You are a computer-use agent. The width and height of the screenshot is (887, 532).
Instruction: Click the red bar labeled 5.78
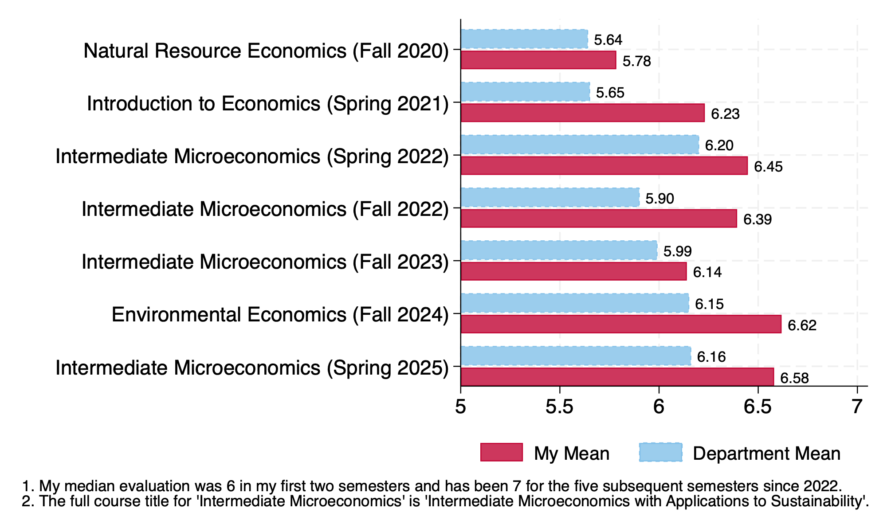click(538, 60)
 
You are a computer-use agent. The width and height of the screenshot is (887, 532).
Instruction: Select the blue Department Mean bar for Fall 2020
click(524, 39)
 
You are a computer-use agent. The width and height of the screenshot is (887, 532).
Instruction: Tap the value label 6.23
click(725, 114)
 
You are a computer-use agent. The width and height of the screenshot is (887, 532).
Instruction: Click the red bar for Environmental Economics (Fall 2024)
click(621, 324)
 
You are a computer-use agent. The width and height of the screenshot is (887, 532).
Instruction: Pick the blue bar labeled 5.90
click(550, 197)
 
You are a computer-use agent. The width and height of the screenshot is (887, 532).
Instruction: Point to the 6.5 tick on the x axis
click(758, 407)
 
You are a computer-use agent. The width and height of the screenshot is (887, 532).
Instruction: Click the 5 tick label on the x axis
click(461, 407)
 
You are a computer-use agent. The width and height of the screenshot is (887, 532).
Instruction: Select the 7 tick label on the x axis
click(857, 407)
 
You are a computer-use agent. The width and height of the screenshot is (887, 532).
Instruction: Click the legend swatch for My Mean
click(501, 452)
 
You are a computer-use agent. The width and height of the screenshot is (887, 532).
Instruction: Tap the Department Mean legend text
click(766, 454)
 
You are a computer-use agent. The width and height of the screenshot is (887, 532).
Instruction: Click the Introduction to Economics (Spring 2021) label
click(268, 104)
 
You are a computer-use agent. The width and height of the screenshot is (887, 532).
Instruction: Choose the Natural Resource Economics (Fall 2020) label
click(266, 51)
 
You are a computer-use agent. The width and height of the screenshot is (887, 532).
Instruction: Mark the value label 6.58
click(794, 378)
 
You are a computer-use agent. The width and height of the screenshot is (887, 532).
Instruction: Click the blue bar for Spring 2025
click(576, 356)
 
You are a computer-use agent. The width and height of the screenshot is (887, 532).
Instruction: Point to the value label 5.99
click(677, 251)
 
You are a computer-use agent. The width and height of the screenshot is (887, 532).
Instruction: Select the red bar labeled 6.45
click(604, 166)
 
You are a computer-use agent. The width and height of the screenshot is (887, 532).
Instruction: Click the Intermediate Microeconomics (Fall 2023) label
click(265, 262)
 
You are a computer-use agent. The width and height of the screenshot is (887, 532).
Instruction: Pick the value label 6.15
click(709, 304)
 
